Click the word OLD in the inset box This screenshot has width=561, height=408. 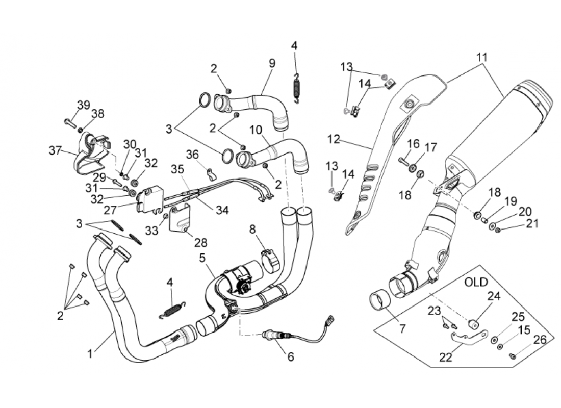coord(476,282)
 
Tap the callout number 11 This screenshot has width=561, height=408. coord(482,57)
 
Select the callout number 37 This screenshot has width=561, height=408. coord(56,150)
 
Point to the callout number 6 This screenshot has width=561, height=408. coord(290,357)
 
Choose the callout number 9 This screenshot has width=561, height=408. coord(272,63)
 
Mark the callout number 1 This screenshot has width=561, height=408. coord(90,353)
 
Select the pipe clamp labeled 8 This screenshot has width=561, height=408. coord(270,259)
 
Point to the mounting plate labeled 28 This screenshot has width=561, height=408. coord(180,218)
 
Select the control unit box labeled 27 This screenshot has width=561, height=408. coord(149,200)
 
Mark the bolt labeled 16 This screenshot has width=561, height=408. coord(404,161)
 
